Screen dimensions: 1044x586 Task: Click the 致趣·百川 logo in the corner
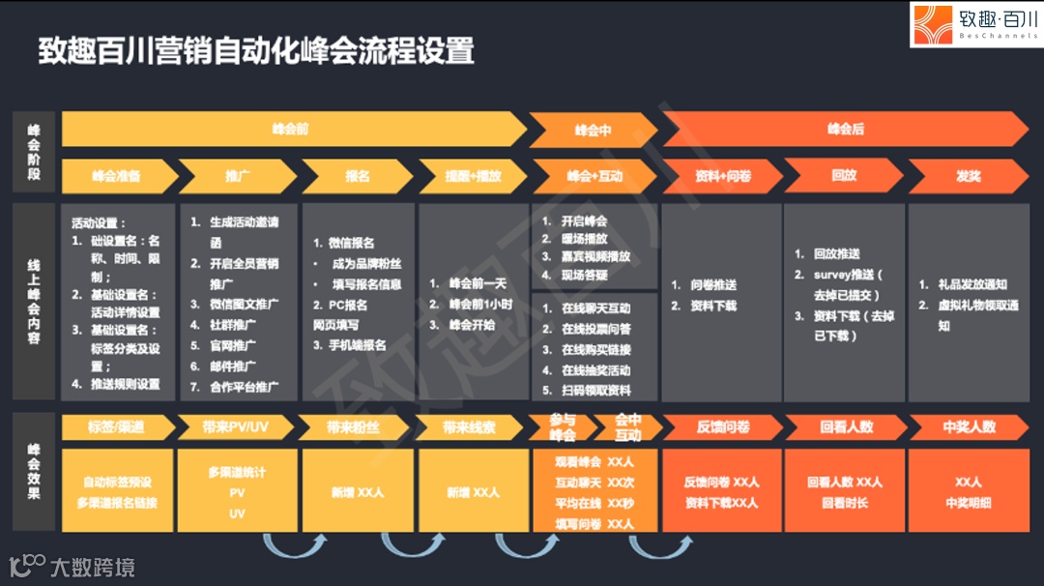[x=975, y=25]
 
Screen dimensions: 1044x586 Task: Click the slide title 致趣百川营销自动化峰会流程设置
[x=256, y=50]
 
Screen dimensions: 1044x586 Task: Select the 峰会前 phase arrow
[x=290, y=129]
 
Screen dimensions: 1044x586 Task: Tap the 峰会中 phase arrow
[x=593, y=131]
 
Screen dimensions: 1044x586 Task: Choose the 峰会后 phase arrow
[x=845, y=129]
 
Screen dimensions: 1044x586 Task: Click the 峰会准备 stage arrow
[x=117, y=176]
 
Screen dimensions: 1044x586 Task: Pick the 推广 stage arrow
[x=237, y=176]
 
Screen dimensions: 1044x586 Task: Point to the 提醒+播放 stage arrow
[x=473, y=176]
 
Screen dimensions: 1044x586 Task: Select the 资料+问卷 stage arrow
[x=722, y=176]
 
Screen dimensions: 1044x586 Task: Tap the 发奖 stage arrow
[x=968, y=176]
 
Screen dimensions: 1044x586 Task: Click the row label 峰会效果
[x=34, y=471]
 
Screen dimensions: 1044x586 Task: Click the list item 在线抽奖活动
[x=595, y=370]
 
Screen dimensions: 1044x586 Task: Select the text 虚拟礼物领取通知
[x=971, y=314]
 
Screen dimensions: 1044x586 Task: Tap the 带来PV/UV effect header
[x=237, y=426]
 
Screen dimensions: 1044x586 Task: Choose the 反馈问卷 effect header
[x=722, y=426]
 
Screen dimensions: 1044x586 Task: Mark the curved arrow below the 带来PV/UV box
[x=287, y=547]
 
